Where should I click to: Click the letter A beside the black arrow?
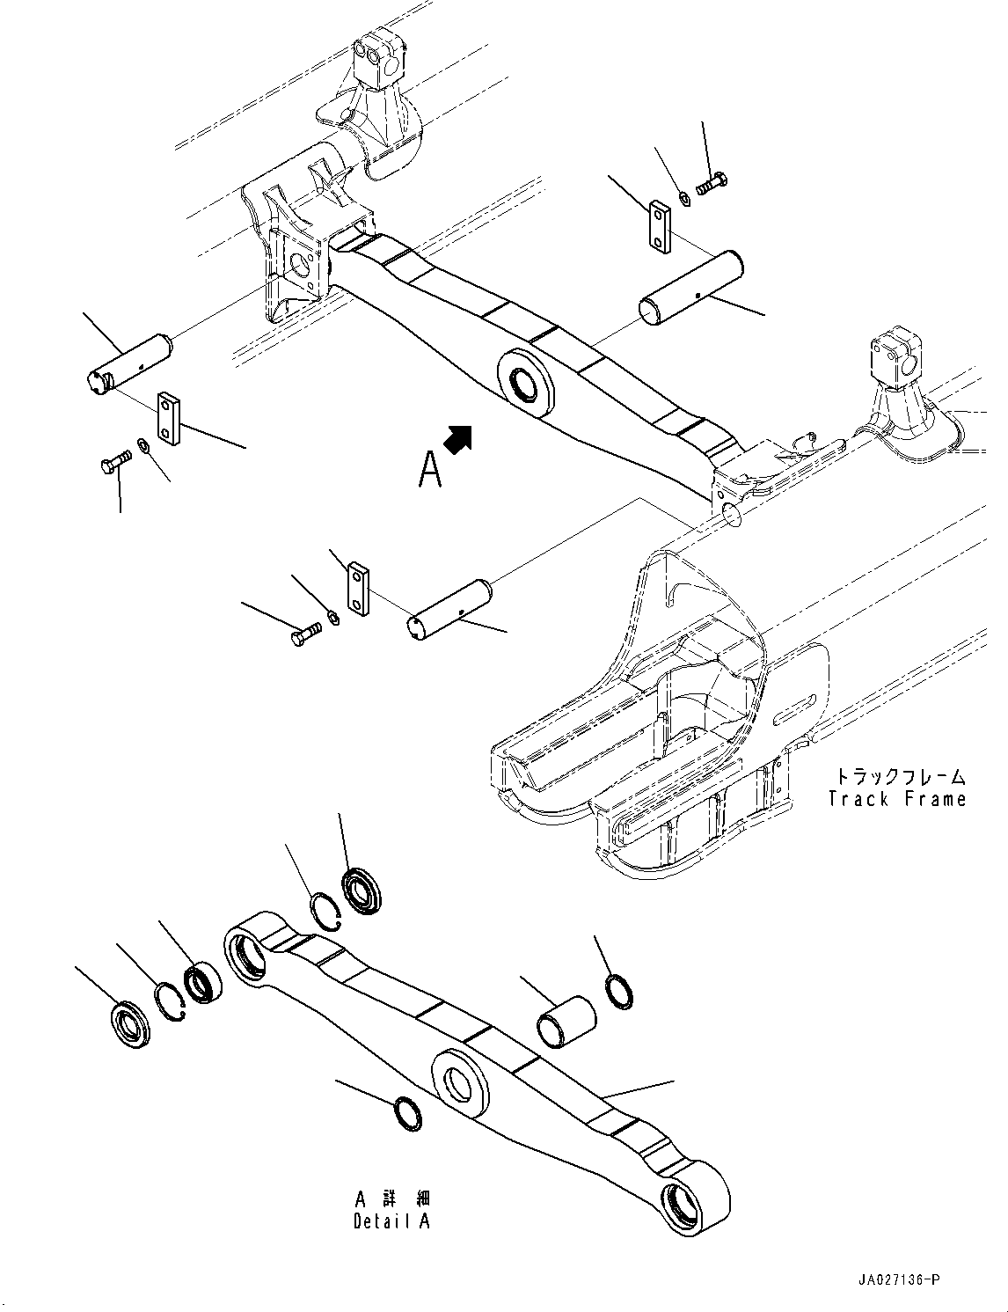[429, 468]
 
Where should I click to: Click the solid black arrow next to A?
[458, 438]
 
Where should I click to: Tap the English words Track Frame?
[897, 799]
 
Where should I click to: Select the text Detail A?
[391, 1221]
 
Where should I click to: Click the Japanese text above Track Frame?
[899, 777]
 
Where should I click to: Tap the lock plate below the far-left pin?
[169, 418]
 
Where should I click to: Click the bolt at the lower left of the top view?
[114, 460]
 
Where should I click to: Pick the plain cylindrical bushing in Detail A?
[566, 1021]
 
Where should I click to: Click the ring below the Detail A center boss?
[408, 1114]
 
